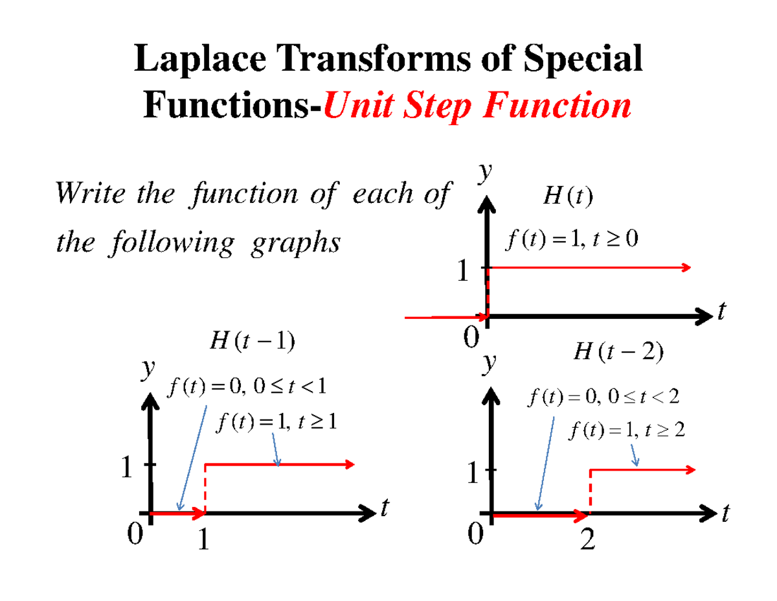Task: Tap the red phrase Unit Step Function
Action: [x=477, y=106]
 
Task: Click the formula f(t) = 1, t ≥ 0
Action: [x=571, y=240]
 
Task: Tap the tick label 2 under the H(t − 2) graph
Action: [x=587, y=540]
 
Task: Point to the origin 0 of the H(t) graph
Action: [x=472, y=337]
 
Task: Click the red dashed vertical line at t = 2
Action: [x=590, y=491]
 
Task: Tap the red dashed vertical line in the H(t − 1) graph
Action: [x=205, y=488]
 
